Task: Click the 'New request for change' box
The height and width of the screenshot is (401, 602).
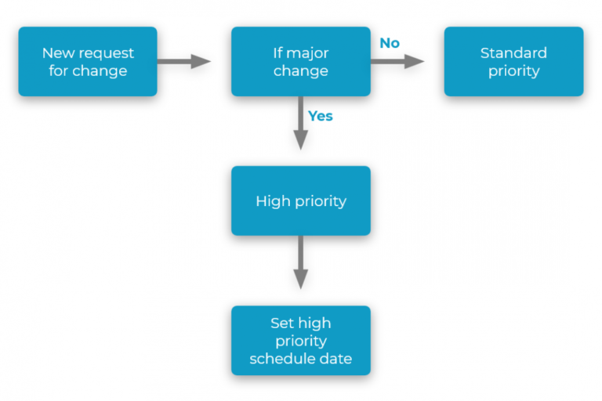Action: click(88, 62)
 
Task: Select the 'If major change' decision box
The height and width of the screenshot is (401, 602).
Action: click(300, 62)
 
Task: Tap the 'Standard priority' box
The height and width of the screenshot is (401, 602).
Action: click(513, 62)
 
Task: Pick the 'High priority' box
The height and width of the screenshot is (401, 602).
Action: click(300, 200)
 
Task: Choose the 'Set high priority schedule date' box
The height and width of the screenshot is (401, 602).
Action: click(300, 341)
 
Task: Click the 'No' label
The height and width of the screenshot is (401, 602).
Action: click(390, 43)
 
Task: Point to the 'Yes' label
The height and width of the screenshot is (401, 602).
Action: click(320, 116)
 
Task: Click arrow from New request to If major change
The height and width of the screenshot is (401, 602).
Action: click(184, 62)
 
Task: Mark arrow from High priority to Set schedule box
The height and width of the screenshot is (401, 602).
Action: click(300, 263)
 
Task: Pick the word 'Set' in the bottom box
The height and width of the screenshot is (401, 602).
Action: click(283, 323)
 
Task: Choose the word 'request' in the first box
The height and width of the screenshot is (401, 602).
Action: click(105, 53)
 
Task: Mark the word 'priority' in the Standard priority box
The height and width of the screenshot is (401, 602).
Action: click(513, 71)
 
